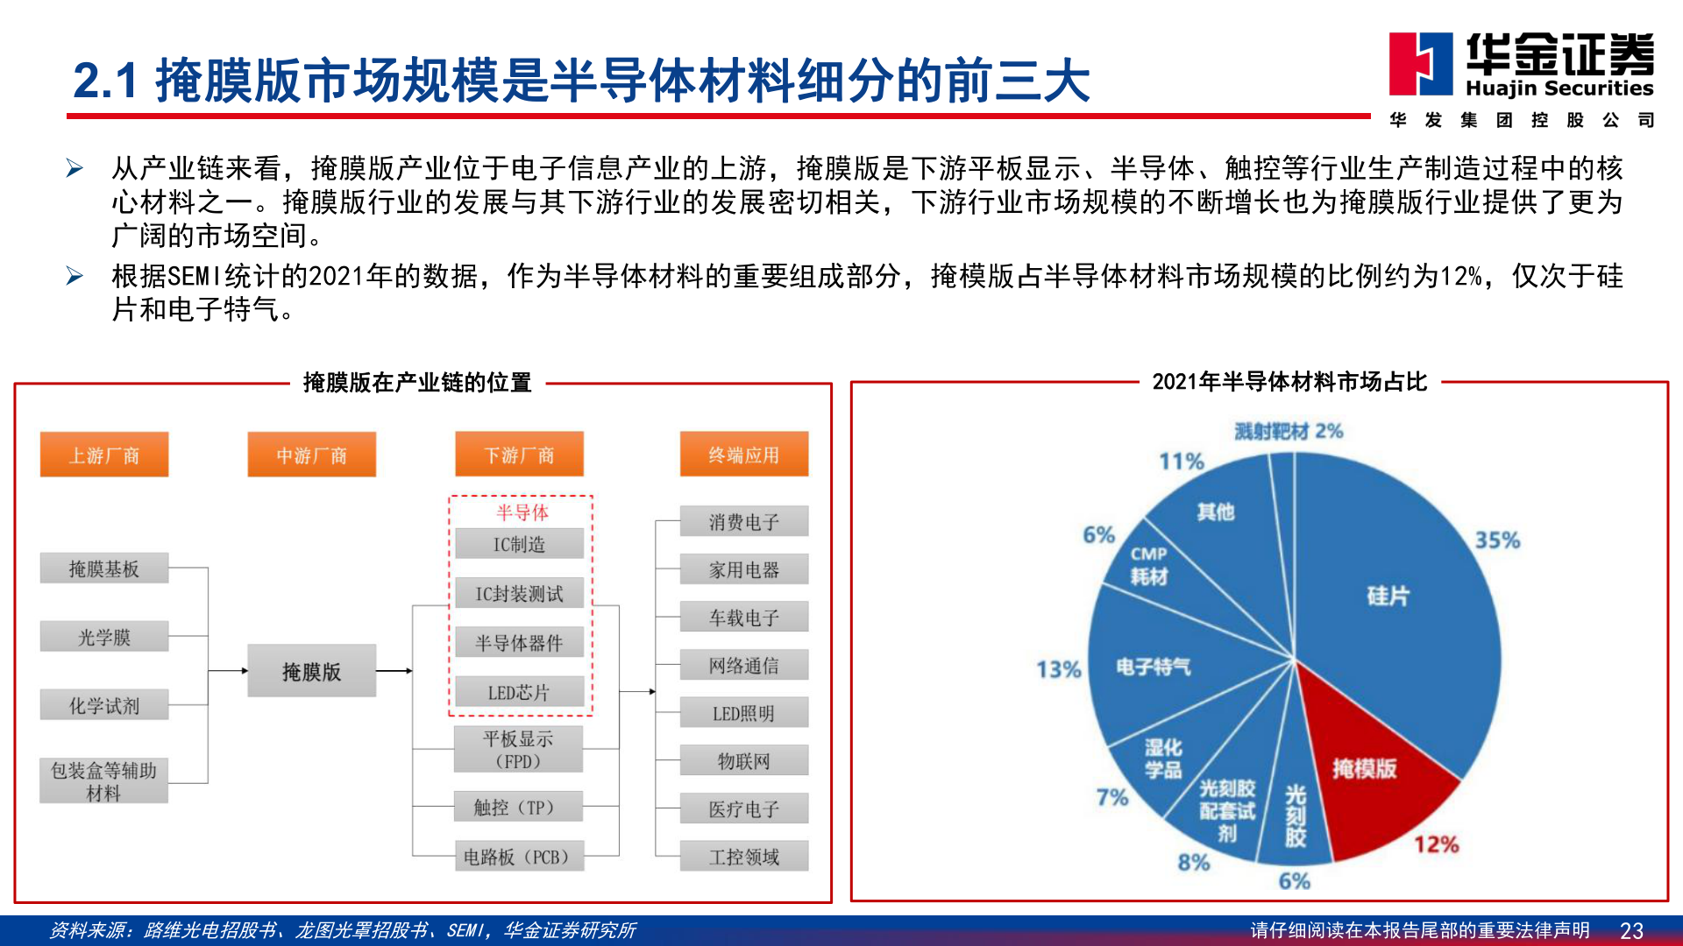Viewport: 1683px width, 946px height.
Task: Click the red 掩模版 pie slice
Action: (1367, 762)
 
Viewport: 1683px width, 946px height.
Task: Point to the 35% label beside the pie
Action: (1497, 540)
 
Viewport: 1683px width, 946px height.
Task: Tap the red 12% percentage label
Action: (1436, 844)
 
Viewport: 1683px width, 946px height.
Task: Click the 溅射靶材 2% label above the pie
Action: (1289, 431)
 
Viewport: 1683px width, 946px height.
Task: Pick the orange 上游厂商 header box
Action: (104, 455)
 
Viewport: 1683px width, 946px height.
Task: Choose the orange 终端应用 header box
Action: (744, 455)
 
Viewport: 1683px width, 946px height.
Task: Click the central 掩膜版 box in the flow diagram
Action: (311, 671)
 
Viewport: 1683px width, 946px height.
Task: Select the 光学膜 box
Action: (104, 637)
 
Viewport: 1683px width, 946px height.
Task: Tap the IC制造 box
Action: (519, 544)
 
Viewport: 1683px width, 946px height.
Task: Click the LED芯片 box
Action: (519, 692)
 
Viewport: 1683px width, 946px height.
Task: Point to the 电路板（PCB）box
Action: (519, 857)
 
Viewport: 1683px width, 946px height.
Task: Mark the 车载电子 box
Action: (744, 618)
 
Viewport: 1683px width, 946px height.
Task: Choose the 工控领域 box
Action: (744, 857)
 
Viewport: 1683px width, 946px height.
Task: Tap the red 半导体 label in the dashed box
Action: (522, 512)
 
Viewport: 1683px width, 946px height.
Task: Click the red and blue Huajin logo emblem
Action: (1420, 63)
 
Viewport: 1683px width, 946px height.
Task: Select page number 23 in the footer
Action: (1631, 930)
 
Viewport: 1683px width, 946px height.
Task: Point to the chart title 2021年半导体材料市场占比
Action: (1289, 382)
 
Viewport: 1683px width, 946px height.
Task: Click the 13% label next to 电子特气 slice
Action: (1059, 669)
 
